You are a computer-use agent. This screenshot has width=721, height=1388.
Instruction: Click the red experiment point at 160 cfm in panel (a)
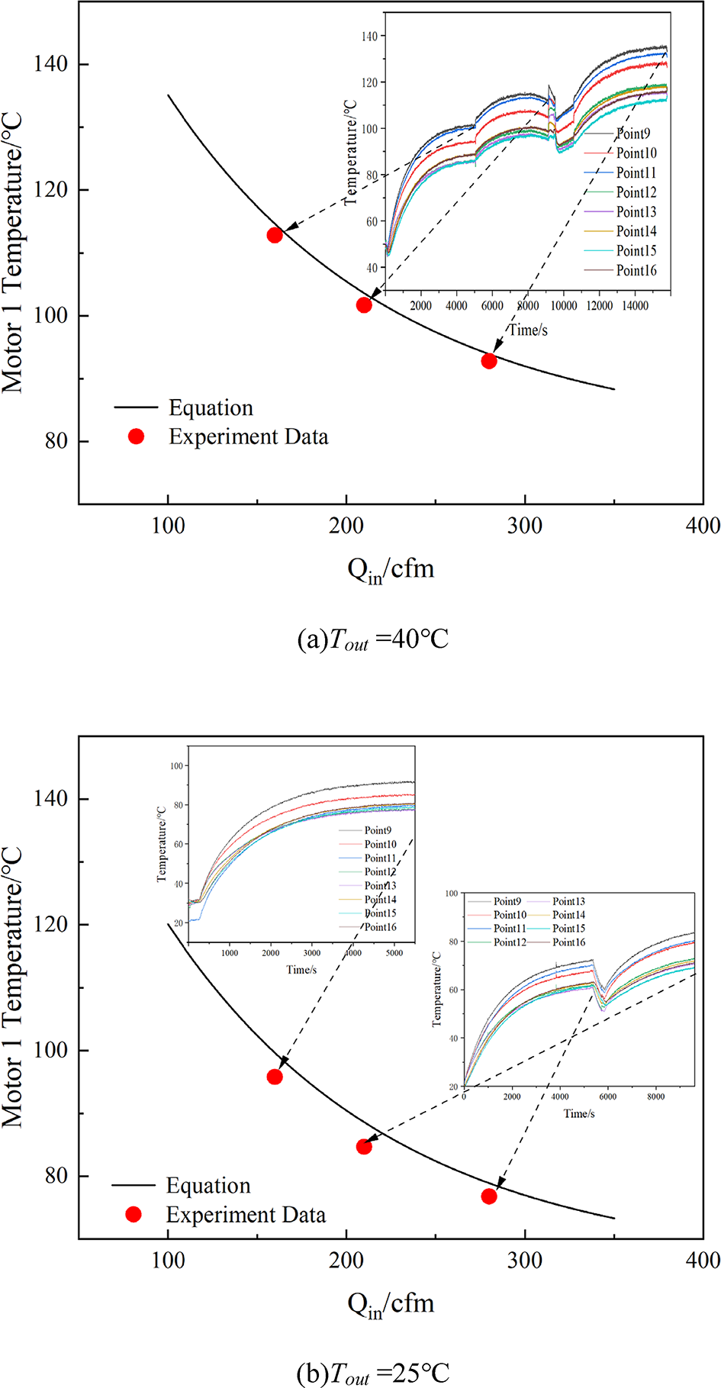[275, 235]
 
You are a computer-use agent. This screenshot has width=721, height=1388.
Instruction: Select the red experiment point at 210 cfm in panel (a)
[364, 305]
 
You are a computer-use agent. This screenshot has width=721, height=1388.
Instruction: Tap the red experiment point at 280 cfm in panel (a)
[489, 361]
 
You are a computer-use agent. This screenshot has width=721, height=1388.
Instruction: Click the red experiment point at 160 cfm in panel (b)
[275, 1077]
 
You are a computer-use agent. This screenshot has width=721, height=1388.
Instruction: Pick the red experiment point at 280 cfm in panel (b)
[489, 1196]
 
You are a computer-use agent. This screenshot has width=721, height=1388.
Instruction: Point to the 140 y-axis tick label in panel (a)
[50, 64]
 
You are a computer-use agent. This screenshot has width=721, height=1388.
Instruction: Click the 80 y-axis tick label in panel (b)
[56, 1176]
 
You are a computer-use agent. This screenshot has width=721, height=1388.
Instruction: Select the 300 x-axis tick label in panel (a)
[525, 526]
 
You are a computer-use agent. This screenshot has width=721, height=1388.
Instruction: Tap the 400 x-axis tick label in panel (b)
[703, 1260]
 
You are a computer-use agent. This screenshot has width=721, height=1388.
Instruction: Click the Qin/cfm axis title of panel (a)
[391, 569]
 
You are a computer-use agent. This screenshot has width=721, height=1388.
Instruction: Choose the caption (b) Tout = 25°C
[372, 1374]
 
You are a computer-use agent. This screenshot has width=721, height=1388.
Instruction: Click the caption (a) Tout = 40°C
[372, 639]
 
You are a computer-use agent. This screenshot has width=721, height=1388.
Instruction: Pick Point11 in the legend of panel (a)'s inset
[636, 173]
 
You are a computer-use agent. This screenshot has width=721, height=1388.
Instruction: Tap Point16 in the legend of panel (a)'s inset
[636, 271]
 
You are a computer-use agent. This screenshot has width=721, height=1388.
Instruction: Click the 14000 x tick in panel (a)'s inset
[635, 306]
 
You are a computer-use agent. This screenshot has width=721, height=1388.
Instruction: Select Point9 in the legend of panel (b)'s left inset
[378, 830]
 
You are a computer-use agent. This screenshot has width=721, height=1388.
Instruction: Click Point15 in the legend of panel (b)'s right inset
[568, 929]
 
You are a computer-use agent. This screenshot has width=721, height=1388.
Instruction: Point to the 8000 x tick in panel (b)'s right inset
[655, 1097]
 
